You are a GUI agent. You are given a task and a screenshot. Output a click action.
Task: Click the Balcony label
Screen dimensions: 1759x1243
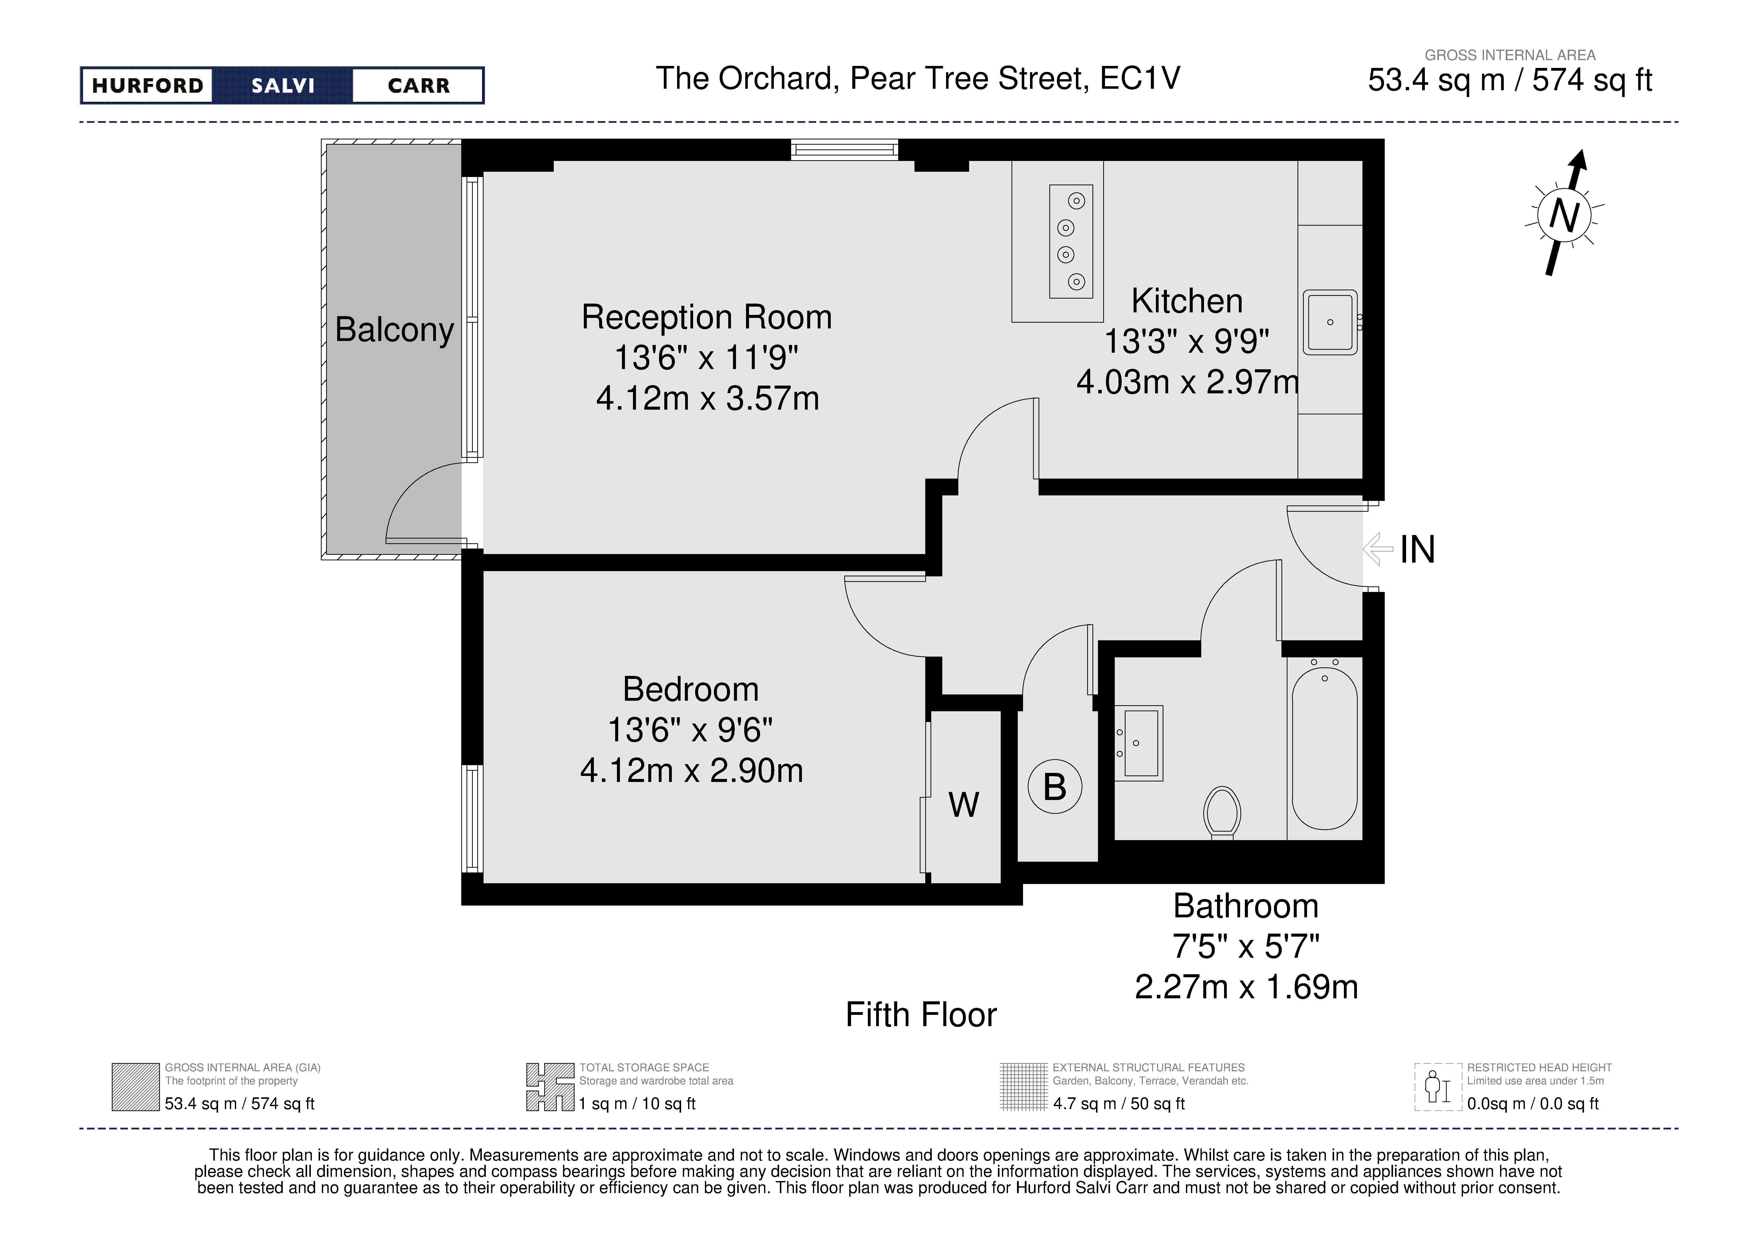395,330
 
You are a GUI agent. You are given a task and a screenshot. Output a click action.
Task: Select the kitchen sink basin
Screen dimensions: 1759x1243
1330,322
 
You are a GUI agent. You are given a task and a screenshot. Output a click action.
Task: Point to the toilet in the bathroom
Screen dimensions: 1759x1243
1223,812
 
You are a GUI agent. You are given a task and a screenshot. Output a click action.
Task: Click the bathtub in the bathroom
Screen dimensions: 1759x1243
1325,748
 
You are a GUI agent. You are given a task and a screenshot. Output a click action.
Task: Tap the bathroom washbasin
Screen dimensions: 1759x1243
1138,743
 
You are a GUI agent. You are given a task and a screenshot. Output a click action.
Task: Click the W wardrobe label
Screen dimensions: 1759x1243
964,805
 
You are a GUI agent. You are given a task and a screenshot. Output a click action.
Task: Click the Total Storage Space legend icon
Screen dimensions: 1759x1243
550,1087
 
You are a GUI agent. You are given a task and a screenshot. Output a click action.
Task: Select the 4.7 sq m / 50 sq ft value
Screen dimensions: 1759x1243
1119,1104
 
